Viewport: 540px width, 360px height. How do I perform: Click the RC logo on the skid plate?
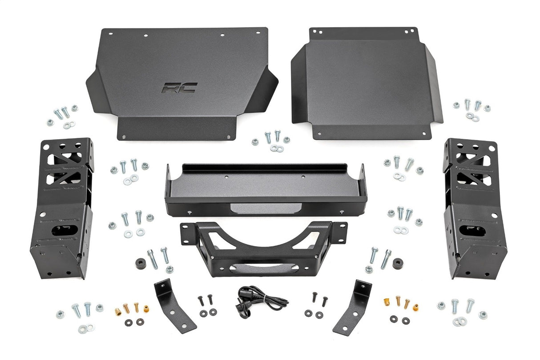tap(179, 88)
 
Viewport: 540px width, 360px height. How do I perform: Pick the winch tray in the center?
tap(266, 189)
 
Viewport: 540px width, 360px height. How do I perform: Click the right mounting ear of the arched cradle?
tap(339, 229)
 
